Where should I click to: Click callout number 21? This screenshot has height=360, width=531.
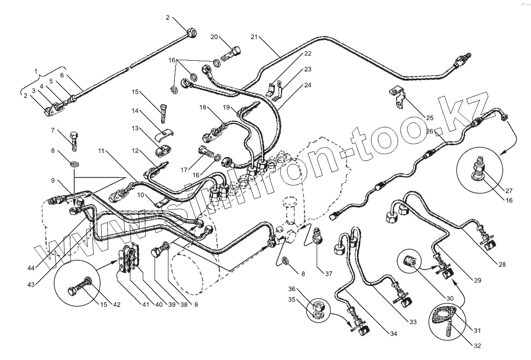coord(254,37)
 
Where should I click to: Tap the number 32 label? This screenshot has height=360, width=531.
coord(477,346)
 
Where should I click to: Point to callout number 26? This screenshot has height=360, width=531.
coord(429,131)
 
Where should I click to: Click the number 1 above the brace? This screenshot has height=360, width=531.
coord(36,72)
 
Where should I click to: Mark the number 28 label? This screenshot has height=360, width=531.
coord(502,265)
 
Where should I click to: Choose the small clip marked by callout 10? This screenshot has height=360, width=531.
coord(160,203)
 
